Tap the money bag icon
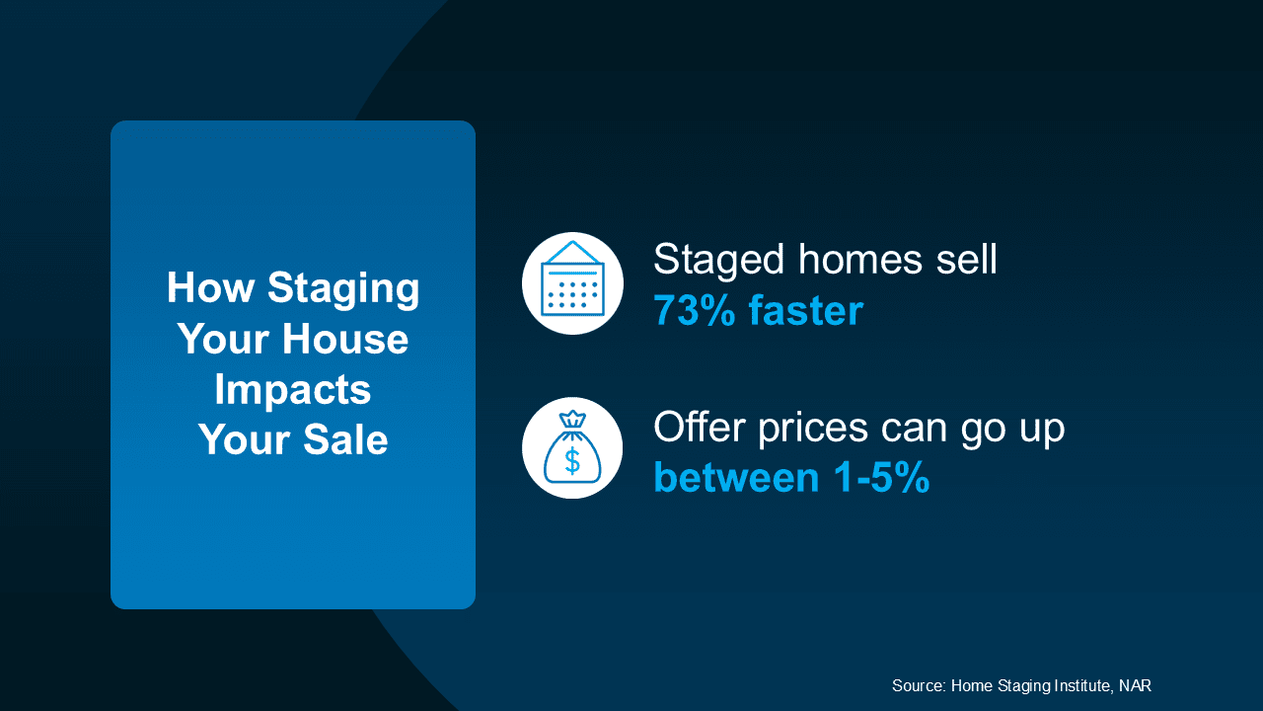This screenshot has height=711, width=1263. [572, 447]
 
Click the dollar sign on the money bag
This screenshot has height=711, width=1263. [572, 460]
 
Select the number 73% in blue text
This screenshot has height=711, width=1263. [695, 310]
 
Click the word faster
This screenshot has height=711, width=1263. [806, 310]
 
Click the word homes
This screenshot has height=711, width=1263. [860, 260]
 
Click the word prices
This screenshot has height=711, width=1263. [813, 431]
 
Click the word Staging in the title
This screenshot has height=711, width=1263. [343, 290]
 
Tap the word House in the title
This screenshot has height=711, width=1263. [345, 339]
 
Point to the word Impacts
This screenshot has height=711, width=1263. [293, 391]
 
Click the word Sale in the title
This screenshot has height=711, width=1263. [345, 439]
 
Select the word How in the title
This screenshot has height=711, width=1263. [210, 287]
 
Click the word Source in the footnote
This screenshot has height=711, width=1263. [919, 685]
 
